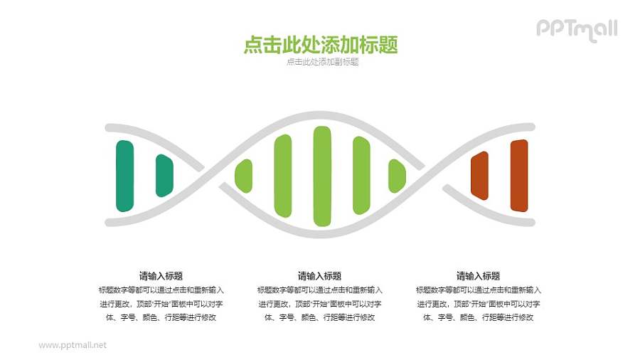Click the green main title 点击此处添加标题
tap(320, 45)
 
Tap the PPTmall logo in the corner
tap(576, 28)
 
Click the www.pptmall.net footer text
tap(73, 345)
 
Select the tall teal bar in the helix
tap(124, 176)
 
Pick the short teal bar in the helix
tap(164, 176)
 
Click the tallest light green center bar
tap(322, 175)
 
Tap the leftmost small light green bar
tap(244, 176)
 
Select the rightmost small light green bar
tap(397, 176)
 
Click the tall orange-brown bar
tap(519, 176)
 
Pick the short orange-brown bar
tap(480, 176)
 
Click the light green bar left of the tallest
tap(283, 176)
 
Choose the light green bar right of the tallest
tap(361, 176)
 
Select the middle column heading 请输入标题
tap(319, 276)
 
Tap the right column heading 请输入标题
tap(478, 276)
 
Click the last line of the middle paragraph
tap(319, 317)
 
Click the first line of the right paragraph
tap(478, 290)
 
